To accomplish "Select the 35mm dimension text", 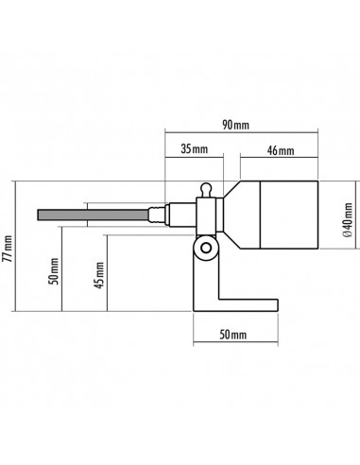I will pyautogui.click(x=194, y=148).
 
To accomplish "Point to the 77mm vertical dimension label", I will pyautogui.click(x=9, y=248).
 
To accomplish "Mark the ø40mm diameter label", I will pyautogui.click(x=349, y=216).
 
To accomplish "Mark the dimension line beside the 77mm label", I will pyautogui.click(x=21, y=246).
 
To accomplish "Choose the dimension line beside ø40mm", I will pyautogui.click(x=337, y=216).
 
